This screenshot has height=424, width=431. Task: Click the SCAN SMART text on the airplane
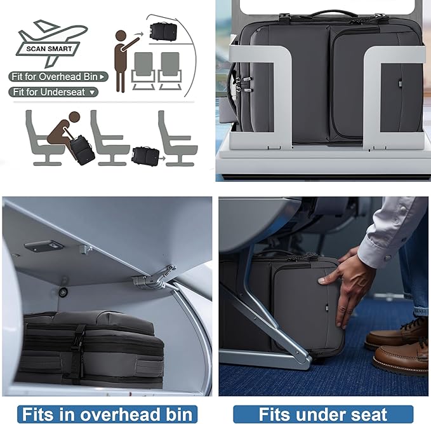(x=49, y=49)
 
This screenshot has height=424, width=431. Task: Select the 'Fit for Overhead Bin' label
(x=58, y=76)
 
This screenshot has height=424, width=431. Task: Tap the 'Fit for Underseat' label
(x=53, y=92)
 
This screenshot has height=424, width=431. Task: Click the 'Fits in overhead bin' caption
(x=107, y=414)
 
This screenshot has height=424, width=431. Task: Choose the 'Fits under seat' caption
(x=323, y=414)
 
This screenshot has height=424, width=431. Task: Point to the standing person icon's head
(x=121, y=36)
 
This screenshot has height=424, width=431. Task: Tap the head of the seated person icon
(x=74, y=117)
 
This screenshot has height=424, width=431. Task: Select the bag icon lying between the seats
(x=145, y=156)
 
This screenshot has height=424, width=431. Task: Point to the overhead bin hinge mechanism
(x=154, y=278)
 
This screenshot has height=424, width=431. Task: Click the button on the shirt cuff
(x=388, y=258)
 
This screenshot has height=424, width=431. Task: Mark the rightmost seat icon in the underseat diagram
(x=177, y=138)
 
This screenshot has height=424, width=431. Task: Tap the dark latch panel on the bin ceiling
(x=44, y=245)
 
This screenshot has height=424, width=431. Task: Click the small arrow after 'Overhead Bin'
(x=102, y=77)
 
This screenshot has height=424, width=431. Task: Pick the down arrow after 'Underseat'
(x=92, y=93)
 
